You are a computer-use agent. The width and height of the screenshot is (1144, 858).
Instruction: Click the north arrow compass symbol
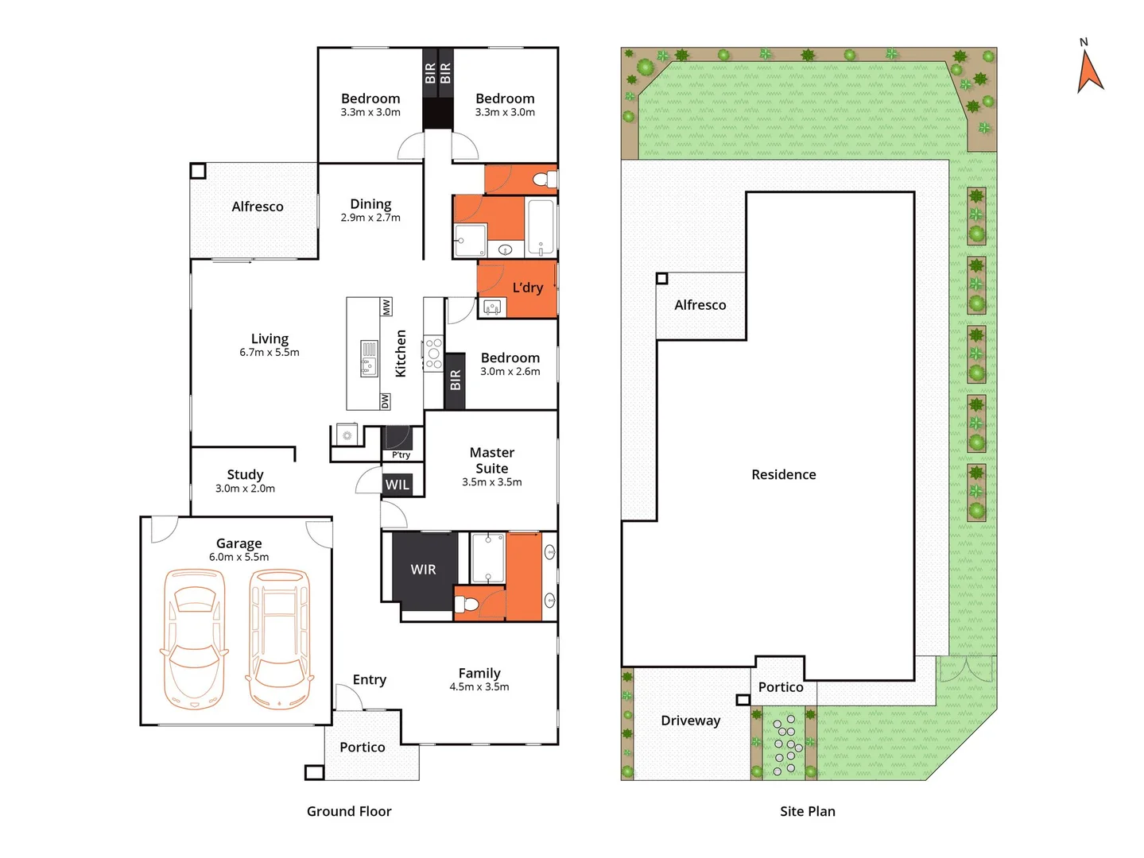point(1089,70)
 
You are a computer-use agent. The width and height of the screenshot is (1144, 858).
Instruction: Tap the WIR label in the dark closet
point(423,570)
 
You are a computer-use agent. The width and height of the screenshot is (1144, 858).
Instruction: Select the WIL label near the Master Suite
point(397,485)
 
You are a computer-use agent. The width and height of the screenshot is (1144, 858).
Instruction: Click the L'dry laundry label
point(527,288)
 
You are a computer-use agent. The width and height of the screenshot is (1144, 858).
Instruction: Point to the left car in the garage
point(194,639)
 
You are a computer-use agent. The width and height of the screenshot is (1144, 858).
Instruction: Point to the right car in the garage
point(279,639)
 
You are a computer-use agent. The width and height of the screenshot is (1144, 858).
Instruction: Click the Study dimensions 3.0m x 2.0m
point(245,489)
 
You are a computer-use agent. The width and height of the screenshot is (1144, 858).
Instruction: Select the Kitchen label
point(401,354)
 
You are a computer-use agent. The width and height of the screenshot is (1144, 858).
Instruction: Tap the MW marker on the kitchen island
point(386,307)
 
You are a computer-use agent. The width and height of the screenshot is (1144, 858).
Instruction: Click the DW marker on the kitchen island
point(386,401)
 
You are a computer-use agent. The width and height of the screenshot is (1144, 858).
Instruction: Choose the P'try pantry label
point(401,455)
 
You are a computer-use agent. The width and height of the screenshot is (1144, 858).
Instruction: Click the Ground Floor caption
point(349,811)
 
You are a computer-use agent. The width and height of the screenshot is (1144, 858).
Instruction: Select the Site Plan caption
point(807,811)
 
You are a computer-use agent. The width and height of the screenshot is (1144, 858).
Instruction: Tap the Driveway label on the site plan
point(690,721)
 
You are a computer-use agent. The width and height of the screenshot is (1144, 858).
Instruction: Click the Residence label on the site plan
point(783,474)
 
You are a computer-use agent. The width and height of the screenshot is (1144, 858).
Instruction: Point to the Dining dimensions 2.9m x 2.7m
point(370,218)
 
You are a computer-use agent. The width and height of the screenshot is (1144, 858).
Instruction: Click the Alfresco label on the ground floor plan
point(257,207)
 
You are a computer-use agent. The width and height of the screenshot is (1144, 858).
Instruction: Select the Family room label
point(479,673)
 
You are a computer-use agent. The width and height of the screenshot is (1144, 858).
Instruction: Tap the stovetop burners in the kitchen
point(433,354)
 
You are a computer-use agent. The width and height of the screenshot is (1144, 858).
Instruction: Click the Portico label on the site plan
point(780,687)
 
